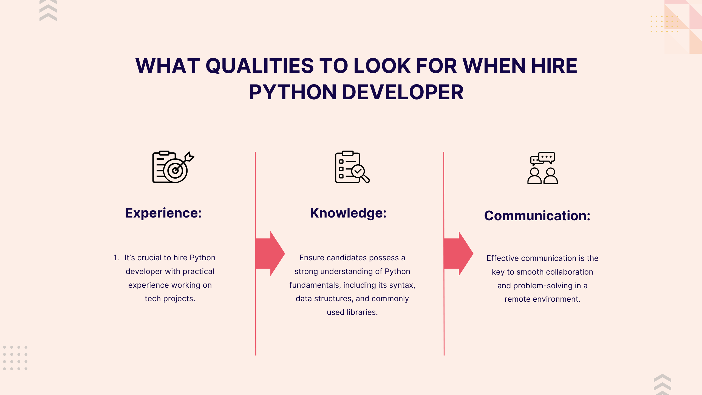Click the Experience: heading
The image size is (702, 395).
pos(163,213)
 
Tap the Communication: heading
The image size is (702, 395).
pos(537,216)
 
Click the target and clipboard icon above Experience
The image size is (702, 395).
pos(173,167)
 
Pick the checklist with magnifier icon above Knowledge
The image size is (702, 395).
pos(352,167)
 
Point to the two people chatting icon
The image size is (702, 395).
pos(542,168)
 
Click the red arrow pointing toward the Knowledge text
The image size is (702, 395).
pos(270,253)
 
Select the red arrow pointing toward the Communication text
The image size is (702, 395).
pos(458,253)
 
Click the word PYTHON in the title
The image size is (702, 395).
pos(293,92)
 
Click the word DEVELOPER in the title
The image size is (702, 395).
pos(403,92)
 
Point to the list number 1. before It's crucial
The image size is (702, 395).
pos(116,258)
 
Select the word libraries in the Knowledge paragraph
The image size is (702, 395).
pos(362,312)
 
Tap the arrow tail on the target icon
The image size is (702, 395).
pos(189,157)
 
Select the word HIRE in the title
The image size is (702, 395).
pos(554,66)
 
